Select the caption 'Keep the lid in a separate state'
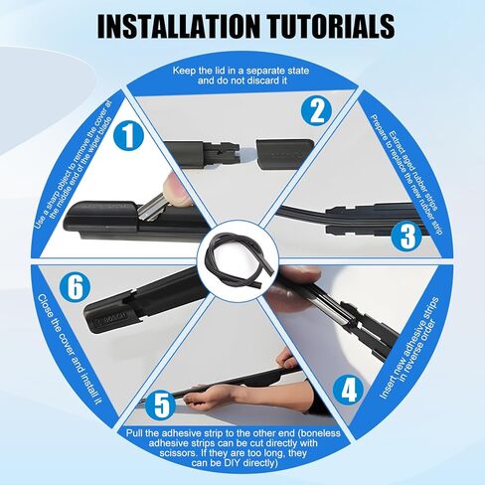point(241,72)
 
